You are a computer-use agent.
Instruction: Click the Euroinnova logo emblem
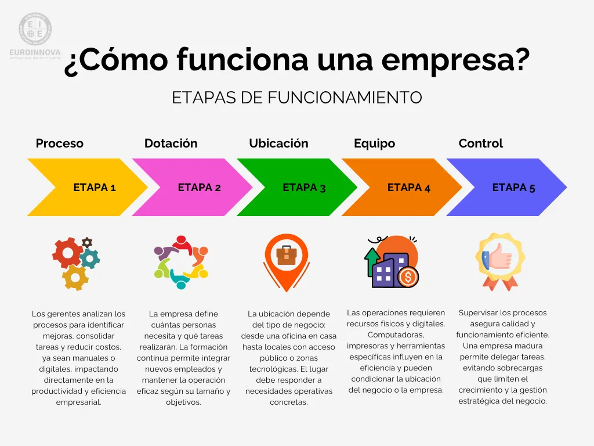[x=35, y=29]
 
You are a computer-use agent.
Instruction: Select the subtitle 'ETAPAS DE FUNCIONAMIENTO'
[x=296, y=98]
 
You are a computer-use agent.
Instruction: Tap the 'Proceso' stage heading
[x=60, y=143]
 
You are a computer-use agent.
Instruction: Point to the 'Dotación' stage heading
[x=171, y=143]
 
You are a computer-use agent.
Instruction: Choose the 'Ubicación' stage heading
[x=278, y=143]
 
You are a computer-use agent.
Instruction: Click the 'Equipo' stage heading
[x=374, y=143]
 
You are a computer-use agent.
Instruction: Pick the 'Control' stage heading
[x=480, y=143]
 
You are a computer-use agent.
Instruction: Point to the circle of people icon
[x=181, y=262]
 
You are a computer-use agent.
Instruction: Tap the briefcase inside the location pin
[x=287, y=255]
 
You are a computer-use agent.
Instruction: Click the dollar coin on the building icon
[x=408, y=277]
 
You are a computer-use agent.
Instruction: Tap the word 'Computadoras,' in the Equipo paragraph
[x=396, y=335]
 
